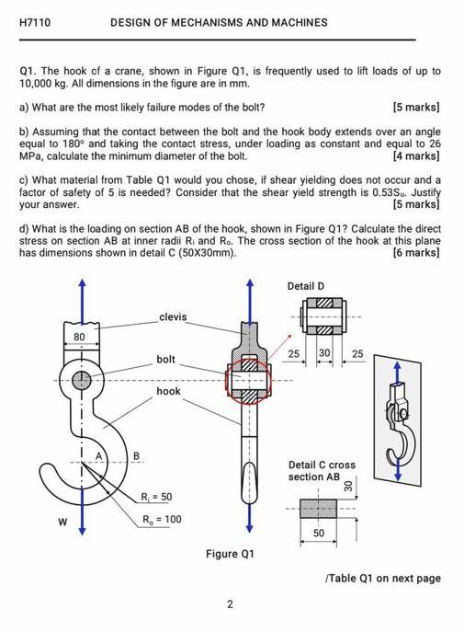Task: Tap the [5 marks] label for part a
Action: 415,107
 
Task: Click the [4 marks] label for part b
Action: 415,155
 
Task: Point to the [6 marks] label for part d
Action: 415,252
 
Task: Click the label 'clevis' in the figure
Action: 173,317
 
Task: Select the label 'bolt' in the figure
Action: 165,359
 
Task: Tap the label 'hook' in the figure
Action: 168,391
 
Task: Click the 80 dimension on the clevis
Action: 80,338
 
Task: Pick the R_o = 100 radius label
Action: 161,519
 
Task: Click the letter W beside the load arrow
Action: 62,524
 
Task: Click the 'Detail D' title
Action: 306,286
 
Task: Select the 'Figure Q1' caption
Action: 229,554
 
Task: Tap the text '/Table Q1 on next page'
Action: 383,579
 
